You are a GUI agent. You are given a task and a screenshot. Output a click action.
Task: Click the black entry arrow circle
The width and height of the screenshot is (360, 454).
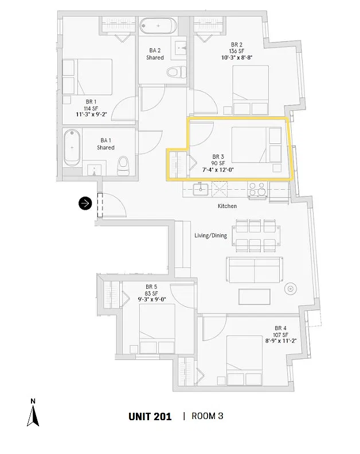85,203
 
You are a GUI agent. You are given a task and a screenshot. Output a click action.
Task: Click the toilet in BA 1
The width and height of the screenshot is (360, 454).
123,166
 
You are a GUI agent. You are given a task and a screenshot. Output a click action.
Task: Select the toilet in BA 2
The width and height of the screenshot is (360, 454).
177,72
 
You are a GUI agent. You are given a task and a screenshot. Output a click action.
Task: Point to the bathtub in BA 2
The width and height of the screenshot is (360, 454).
158,26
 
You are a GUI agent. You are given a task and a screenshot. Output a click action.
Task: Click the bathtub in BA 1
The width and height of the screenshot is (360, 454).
72,148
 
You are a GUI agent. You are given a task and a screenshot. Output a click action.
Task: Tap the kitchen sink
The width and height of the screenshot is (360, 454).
201,189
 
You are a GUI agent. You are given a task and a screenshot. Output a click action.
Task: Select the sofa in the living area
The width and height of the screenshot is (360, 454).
255,270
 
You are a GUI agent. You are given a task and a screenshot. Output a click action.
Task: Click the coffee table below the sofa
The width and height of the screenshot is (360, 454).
255,296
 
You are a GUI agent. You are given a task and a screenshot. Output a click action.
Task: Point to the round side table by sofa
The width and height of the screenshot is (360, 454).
291,288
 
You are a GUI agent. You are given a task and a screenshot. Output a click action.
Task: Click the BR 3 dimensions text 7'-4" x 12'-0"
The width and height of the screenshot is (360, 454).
218,170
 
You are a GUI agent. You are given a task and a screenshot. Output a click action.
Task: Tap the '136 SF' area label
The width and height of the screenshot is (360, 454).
237,51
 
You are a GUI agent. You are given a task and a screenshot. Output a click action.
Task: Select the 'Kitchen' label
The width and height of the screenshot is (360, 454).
228,206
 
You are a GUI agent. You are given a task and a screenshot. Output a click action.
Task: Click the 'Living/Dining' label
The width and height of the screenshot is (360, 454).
210,236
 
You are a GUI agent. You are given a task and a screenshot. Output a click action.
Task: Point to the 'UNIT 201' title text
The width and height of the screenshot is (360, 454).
150,417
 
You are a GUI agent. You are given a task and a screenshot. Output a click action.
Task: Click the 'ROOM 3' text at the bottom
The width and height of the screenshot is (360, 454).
208,416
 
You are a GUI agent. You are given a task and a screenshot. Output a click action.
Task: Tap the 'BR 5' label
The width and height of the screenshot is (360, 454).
151,287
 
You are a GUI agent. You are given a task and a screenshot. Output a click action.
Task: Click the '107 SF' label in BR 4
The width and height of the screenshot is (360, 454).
280,335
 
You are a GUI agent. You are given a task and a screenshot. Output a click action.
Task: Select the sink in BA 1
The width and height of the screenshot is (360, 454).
94,170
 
